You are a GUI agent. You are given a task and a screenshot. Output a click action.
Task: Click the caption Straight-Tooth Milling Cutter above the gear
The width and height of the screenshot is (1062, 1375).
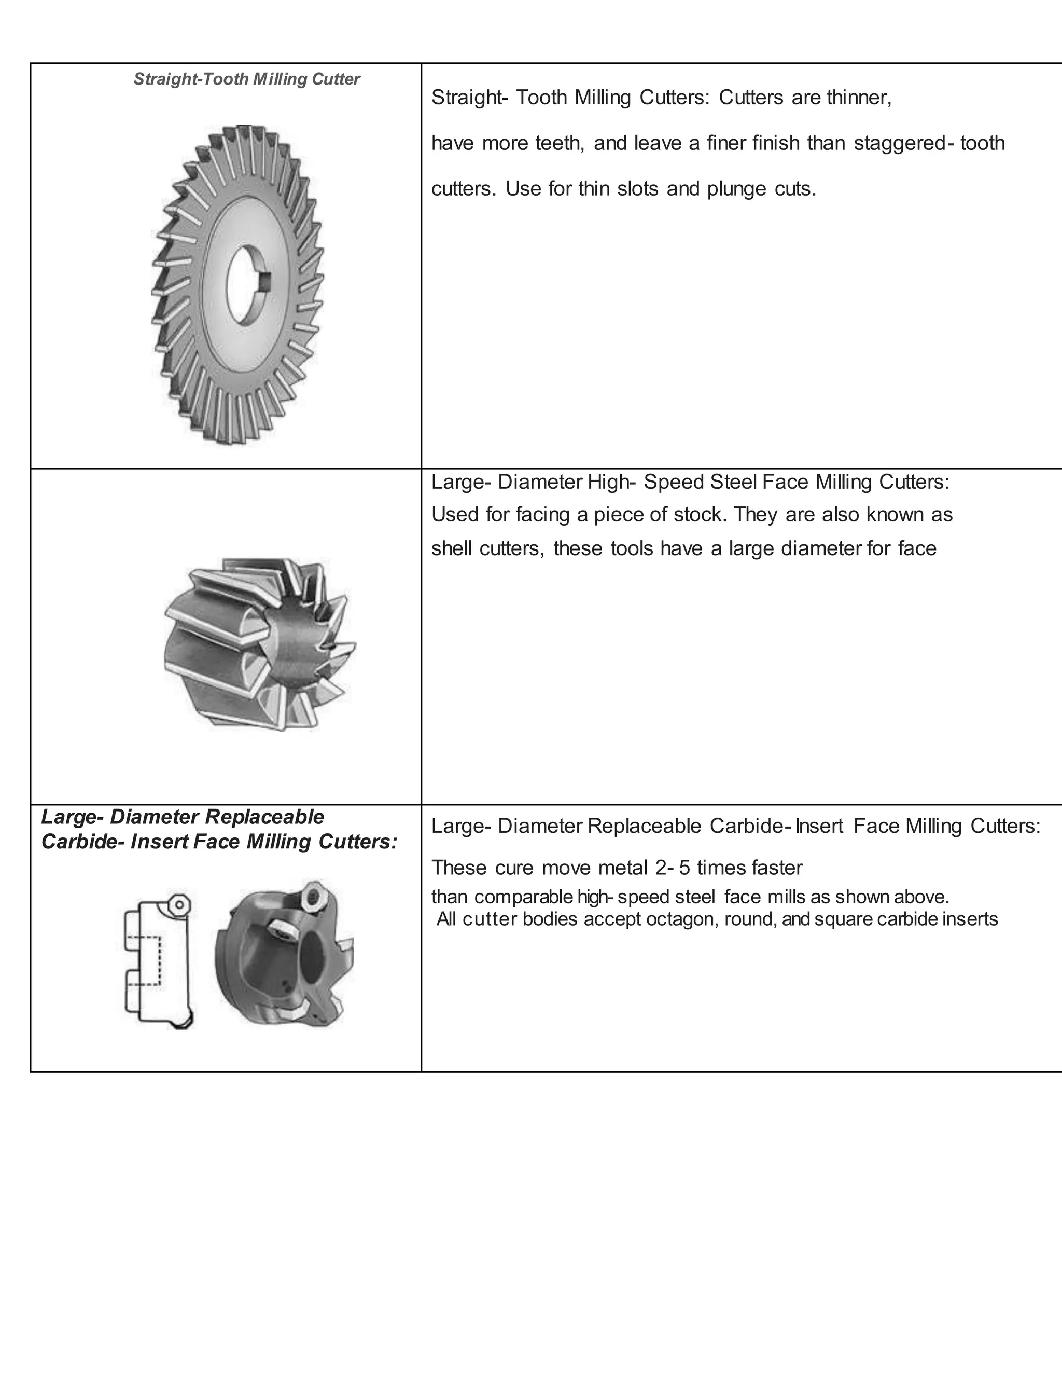(x=247, y=79)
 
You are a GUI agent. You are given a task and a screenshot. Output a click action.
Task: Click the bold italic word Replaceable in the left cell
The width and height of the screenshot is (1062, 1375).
(x=264, y=817)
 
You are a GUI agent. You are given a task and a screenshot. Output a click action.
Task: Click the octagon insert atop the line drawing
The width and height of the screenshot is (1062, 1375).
(x=179, y=905)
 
